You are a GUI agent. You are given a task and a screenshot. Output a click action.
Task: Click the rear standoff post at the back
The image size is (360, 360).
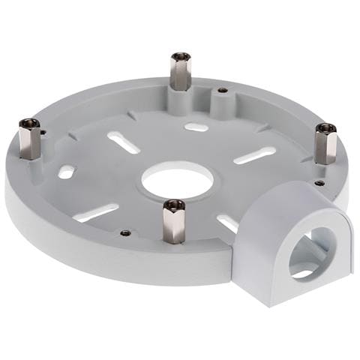pyautogui.click(x=180, y=72)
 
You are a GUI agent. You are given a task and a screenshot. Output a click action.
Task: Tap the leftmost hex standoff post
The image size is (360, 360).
pyautogui.click(x=30, y=139)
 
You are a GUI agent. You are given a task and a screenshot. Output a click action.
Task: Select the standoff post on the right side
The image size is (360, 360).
pyautogui.click(x=325, y=144)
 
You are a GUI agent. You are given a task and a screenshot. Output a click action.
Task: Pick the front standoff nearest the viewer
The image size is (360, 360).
pyautogui.click(x=173, y=222)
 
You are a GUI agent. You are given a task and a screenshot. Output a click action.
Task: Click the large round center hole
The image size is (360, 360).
pyautogui.click(x=178, y=182)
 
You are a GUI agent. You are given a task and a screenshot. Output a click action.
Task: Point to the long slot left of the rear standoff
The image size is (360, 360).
pyautogui.click(x=123, y=142)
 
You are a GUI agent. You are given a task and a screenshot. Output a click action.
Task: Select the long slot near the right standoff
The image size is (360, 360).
pyautogui.click(x=254, y=155)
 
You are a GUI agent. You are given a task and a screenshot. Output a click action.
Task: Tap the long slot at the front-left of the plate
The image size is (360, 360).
pyautogui.click(x=96, y=213)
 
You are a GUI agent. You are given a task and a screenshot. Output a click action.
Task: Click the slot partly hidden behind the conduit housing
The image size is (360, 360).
pyautogui.click(x=227, y=222)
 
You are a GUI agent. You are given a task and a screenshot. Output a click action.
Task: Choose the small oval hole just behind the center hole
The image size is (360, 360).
pyautogui.click(x=196, y=127)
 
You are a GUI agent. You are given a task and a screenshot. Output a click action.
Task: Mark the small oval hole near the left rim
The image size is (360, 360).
pyautogui.click(x=66, y=172)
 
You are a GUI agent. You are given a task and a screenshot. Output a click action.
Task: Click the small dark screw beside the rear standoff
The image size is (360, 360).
pyautogui.click(x=223, y=91)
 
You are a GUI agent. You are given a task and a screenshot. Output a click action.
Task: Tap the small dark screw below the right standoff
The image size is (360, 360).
pyautogui.click(x=319, y=183)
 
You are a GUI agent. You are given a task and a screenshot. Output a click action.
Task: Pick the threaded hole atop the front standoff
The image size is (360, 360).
pyautogui.click(x=174, y=203)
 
